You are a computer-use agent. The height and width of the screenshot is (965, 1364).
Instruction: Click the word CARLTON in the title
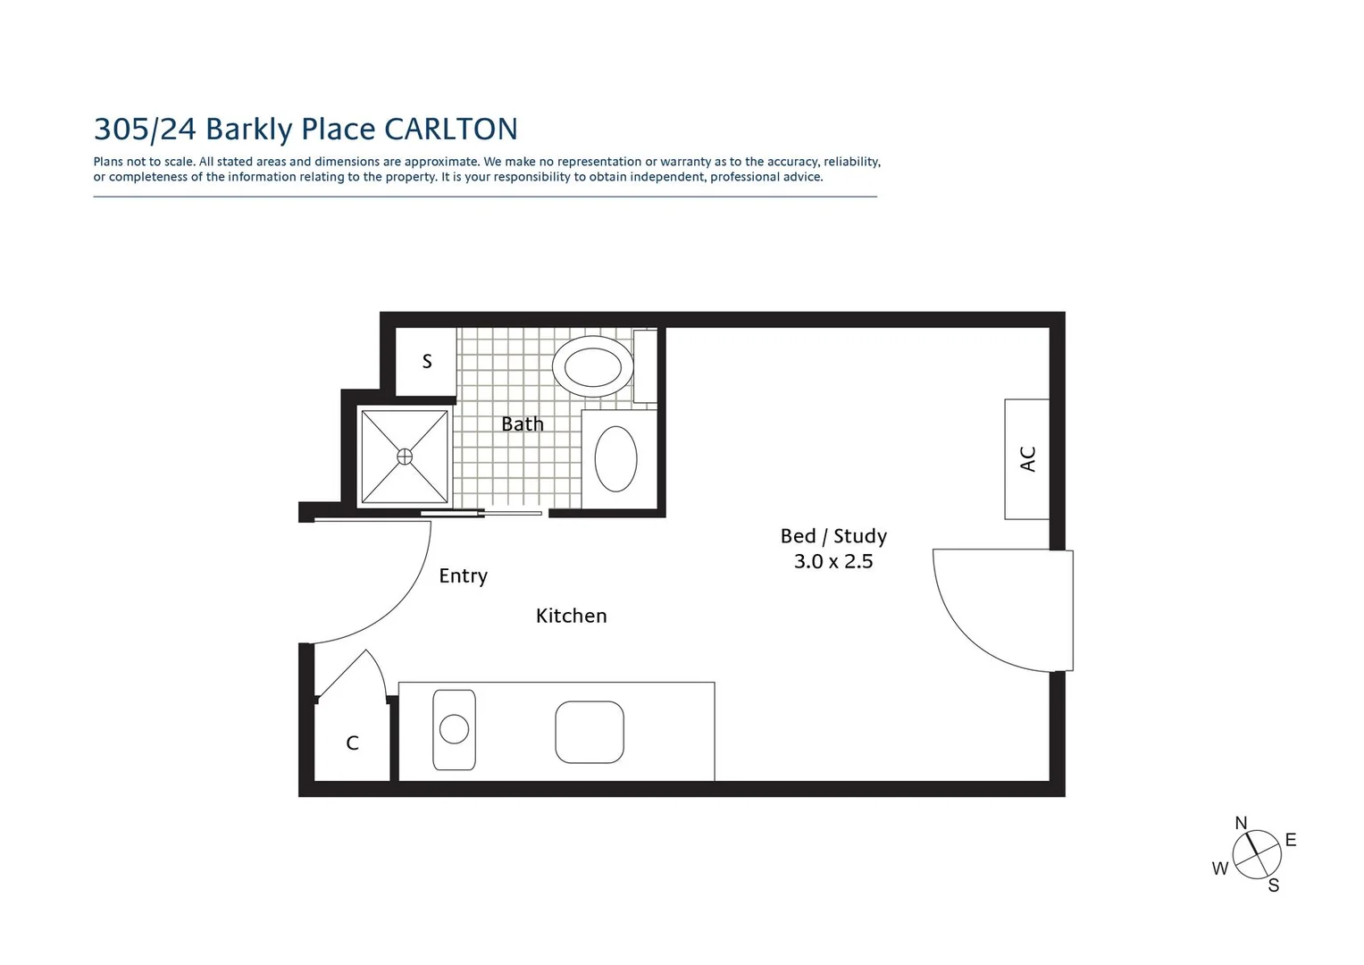point(450,130)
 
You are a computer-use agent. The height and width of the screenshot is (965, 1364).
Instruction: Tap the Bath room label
point(522,424)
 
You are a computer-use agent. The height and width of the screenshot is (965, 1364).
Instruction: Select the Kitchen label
point(571,616)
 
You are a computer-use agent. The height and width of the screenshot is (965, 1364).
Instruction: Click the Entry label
point(463,575)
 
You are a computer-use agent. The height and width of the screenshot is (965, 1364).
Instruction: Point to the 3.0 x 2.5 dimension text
point(833,562)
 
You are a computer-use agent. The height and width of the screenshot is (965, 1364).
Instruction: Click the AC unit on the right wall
point(1026,458)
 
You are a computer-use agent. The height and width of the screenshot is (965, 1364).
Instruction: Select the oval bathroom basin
point(615,458)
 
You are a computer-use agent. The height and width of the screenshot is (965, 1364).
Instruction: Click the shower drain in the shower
point(405,457)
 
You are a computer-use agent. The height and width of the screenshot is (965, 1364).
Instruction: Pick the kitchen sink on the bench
point(454,729)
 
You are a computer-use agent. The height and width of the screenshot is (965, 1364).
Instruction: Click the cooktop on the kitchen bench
point(589,732)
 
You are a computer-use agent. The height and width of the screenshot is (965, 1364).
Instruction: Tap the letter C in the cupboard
point(352,743)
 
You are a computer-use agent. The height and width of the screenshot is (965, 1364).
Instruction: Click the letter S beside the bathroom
point(427,361)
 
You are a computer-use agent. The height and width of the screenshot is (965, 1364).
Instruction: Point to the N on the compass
point(1241,823)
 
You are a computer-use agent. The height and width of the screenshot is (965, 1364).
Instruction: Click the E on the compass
point(1290,840)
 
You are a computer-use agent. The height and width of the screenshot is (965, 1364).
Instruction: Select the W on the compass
point(1219,868)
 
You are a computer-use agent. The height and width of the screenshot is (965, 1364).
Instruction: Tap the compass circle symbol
point(1257,854)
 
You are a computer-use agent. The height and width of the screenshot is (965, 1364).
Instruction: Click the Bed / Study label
point(833,536)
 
